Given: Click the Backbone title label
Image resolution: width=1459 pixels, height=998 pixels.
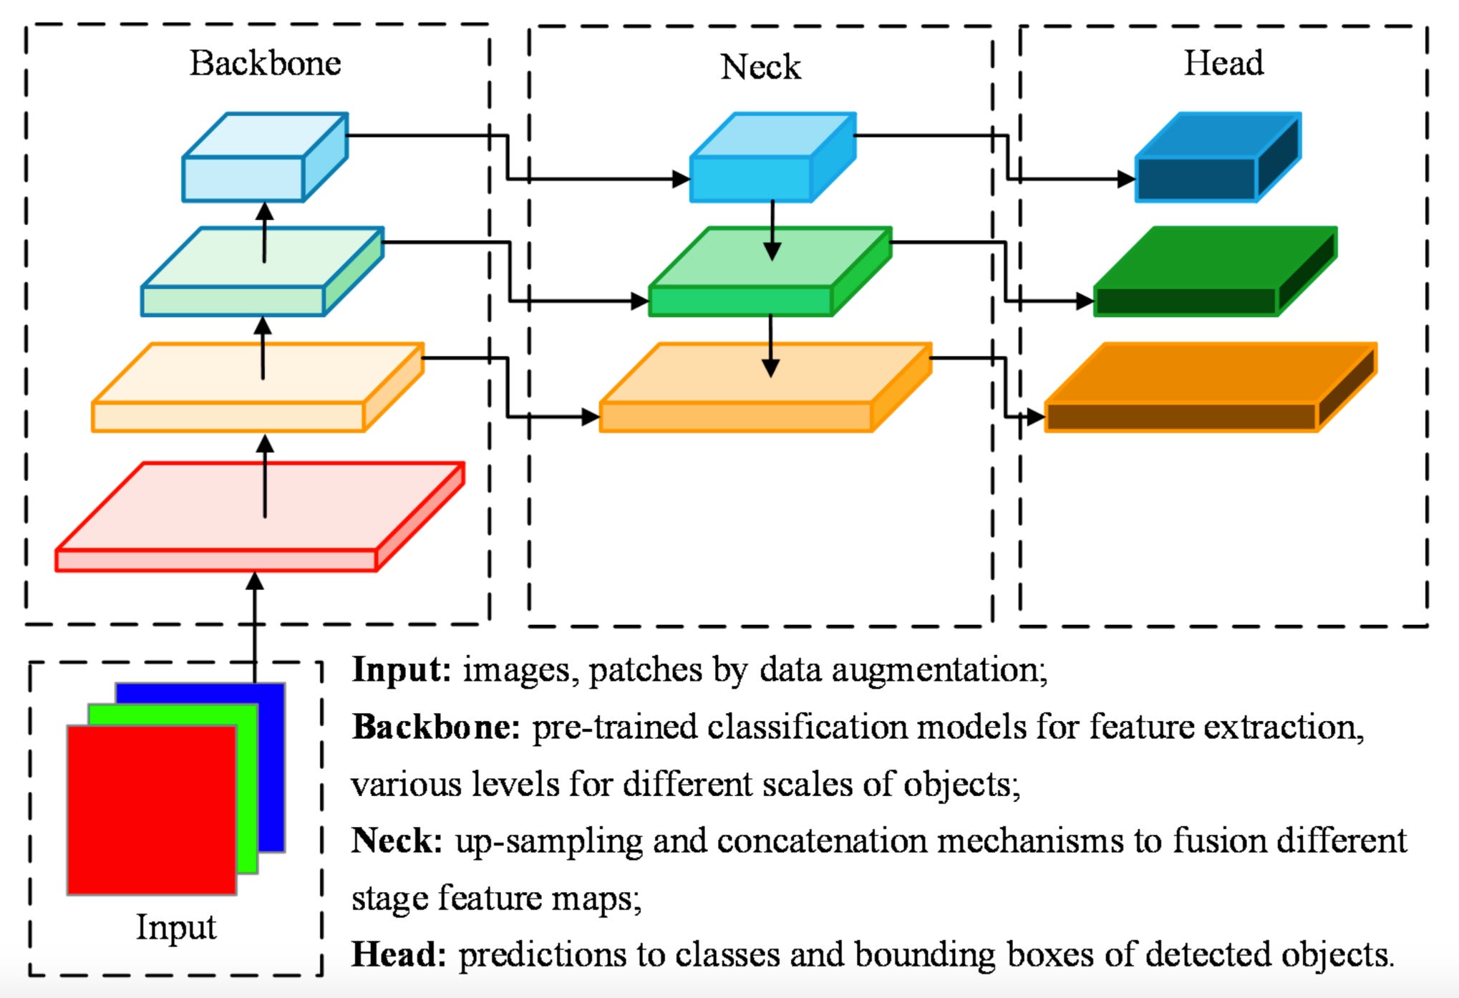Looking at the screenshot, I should [x=265, y=63].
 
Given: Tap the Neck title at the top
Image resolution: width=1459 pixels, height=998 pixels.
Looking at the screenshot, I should [x=760, y=67].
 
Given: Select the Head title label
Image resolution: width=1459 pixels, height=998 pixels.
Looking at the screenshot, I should [x=1223, y=63].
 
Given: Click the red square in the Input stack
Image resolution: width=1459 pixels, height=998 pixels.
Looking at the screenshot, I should [x=151, y=809].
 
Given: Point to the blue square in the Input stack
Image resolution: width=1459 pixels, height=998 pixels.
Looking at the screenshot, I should [x=272, y=766].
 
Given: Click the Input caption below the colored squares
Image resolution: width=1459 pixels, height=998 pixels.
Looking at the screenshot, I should [x=176, y=927].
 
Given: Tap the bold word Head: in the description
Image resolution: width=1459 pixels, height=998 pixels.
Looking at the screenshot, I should [x=399, y=954].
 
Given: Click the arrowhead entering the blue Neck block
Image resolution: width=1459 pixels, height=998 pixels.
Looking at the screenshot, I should [x=681, y=178].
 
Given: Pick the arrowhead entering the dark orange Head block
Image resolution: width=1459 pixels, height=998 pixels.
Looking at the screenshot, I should [x=1035, y=416].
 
